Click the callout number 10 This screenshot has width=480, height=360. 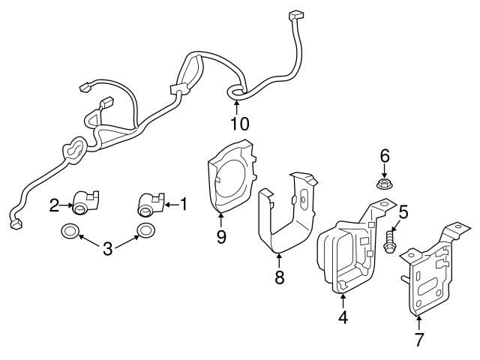[x=240, y=122]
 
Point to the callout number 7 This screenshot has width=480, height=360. [x=419, y=339]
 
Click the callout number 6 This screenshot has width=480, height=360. [x=385, y=155]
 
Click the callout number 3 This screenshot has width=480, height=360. [x=107, y=248]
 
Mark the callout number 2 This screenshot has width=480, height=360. [x=55, y=204]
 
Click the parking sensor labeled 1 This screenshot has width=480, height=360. [x=149, y=202]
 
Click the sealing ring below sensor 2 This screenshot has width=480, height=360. [x=69, y=231]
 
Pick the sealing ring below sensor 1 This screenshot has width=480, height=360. [x=145, y=230]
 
